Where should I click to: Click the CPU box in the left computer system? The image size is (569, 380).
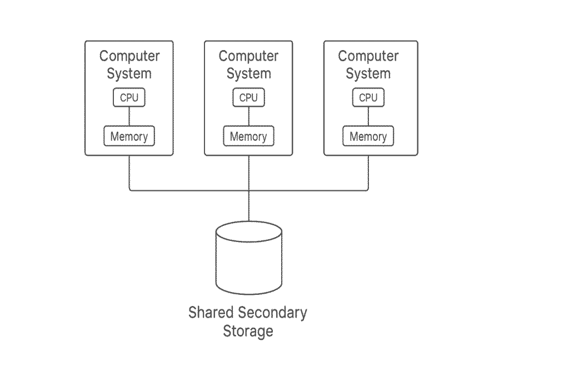pos(129,98)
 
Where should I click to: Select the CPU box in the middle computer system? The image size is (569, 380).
pos(248,98)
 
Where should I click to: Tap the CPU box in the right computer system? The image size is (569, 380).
pos(368,98)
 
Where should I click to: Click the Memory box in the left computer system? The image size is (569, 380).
pos(129,136)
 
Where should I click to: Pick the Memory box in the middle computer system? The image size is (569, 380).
pos(248,136)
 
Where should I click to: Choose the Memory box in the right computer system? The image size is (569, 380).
pos(368,136)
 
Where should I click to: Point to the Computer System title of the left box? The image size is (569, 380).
pos(129,65)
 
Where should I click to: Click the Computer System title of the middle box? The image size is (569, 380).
pos(248,65)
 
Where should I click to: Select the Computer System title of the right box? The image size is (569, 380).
pos(368,65)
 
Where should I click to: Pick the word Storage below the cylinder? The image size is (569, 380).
pos(248,331)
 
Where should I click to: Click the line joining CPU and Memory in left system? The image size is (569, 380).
pos(129,116)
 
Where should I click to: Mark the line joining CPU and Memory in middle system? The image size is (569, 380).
pos(248,116)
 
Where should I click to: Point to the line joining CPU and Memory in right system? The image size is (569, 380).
pos(368,116)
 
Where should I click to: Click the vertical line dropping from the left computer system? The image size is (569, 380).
pos(129,172)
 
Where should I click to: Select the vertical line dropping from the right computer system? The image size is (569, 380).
pos(368,172)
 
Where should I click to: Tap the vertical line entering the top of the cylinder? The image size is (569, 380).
pos(248,206)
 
